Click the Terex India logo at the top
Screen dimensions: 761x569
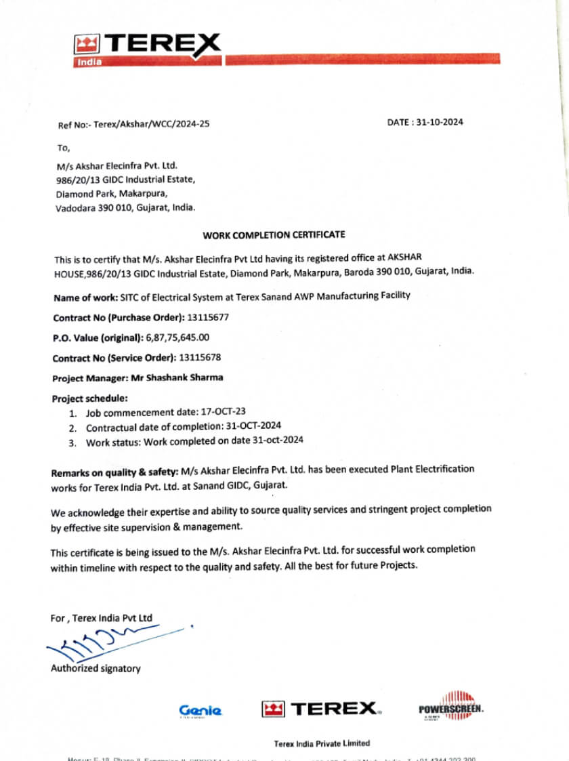click(147, 49)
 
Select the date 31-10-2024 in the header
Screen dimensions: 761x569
click(439, 123)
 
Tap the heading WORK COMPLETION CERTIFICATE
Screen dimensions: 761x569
click(274, 235)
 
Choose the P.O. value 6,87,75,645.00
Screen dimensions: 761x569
click(177, 337)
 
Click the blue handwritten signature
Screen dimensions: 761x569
click(102, 643)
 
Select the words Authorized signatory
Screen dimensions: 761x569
click(96, 669)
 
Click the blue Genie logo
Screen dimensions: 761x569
click(200, 710)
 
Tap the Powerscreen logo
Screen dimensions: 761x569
click(450, 708)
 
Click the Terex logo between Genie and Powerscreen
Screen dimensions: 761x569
click(321, 709)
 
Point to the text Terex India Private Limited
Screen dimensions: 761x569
click(322, 743)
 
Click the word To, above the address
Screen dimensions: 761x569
click(64, 147)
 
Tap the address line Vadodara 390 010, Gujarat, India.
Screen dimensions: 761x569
click(125, 208)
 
